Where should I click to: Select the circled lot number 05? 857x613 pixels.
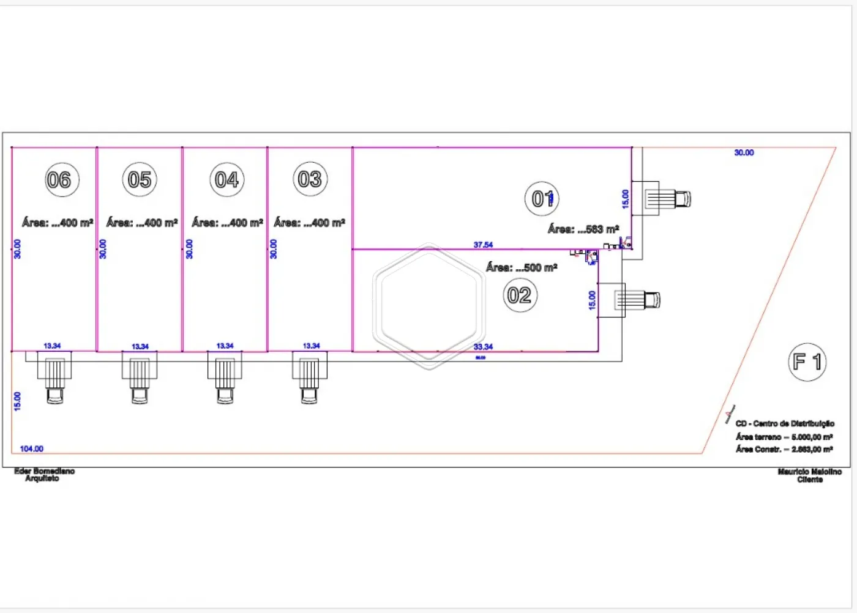[140, 180]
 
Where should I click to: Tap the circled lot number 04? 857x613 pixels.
[226, 180]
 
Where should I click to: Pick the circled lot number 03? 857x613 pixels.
[310, 179]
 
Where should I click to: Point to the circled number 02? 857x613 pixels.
[520, 295]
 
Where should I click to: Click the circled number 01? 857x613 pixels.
[542, 199]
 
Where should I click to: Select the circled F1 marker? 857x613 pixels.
[807, 362]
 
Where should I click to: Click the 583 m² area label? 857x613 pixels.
[583, 229]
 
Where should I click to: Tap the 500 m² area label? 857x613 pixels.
[522, 267]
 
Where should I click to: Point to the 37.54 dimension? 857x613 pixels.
[483, 245]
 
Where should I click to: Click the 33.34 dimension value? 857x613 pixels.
[483, 347]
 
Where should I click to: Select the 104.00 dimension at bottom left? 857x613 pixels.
[32, 449]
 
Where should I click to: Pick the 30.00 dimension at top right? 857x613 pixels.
[744, 153]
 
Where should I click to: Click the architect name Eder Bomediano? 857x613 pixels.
[44, 471]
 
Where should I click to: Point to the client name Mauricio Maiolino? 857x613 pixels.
[809, 472]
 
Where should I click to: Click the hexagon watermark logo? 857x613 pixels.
[428, 306]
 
